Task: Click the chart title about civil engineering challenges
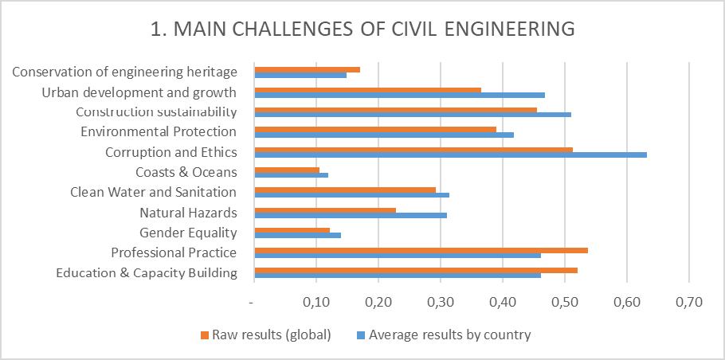pyautogui.click(x=362, y=29)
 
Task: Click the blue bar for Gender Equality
pyautogui.click(x=297, y=235)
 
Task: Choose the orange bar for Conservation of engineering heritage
pyautogui.click(x=307, y=69)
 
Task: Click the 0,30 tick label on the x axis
pyautogui.click(x=439, y=303)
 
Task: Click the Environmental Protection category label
pyautogui.click(x=159, y=131)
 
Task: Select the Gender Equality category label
pyautogui.click(x=188, y=233)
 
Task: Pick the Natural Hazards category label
pyautogui.click(x=188, y=213)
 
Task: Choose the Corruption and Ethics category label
pyautogui.click(x=170, y=151)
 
